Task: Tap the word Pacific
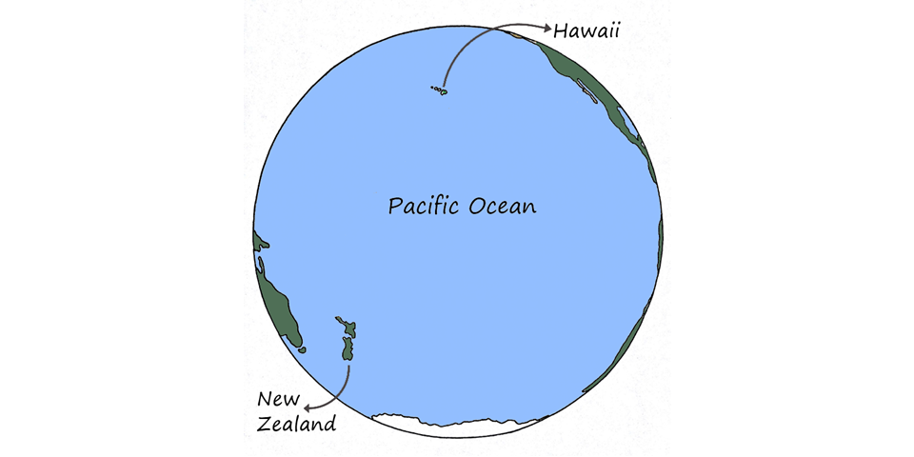425,206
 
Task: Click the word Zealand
296,423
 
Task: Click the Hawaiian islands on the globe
439,91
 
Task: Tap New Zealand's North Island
348,329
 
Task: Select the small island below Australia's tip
303,350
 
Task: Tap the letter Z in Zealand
264,423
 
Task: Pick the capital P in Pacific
394,206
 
